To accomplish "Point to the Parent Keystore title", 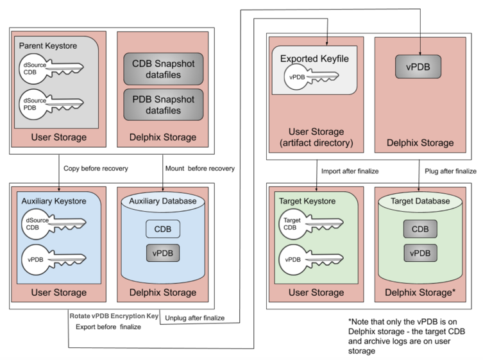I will (49, 46).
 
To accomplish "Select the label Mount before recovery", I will (199, 168).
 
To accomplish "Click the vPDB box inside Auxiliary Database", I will (162, 253).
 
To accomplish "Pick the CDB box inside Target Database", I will (420, 228).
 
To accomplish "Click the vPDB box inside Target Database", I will (420, 253).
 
